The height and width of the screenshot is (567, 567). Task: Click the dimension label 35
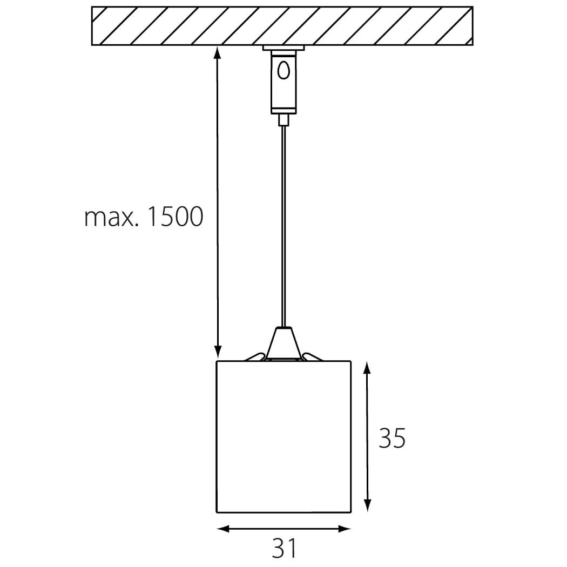tap(392, 438)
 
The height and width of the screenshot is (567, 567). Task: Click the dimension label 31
tap(284, 548)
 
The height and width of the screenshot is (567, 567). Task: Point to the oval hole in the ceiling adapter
tap(283, 70)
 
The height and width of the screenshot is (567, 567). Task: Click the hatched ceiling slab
tap(282, 26)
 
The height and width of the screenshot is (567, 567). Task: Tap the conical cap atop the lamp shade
tap(283, 343)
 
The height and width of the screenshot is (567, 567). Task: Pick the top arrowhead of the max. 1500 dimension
tap(217, 52)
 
